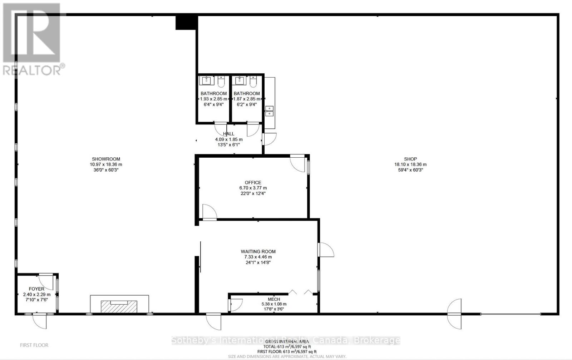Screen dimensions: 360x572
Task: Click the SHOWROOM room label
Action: click(x=106, y=159)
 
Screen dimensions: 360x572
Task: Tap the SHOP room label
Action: click(x=410, y=159)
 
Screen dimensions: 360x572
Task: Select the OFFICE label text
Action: click(x=253, y=182)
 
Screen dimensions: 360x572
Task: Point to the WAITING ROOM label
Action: click(x=258, y=251)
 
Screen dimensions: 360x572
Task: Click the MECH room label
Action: click(x=274, y=299)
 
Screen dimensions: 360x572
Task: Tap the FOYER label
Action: click(x=36, y=289)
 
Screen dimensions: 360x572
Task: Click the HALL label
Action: click(x=229, y=134)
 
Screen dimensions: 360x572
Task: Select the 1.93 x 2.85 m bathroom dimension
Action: click(x=213, y=99)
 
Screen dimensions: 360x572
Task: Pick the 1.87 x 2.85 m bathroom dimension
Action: click(x=247, y=99)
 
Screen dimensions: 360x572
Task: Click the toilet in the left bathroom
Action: click(x=221, y=82)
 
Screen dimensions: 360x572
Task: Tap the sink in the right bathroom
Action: click(x=240, y=80)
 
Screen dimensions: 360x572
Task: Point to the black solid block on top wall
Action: click(x=186, y=22)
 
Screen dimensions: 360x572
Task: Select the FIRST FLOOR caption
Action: click(x=34, y=345)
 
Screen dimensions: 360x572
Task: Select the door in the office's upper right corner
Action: click(x=297, y=163)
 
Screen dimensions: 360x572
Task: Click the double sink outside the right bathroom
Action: click(x=269, y=111)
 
